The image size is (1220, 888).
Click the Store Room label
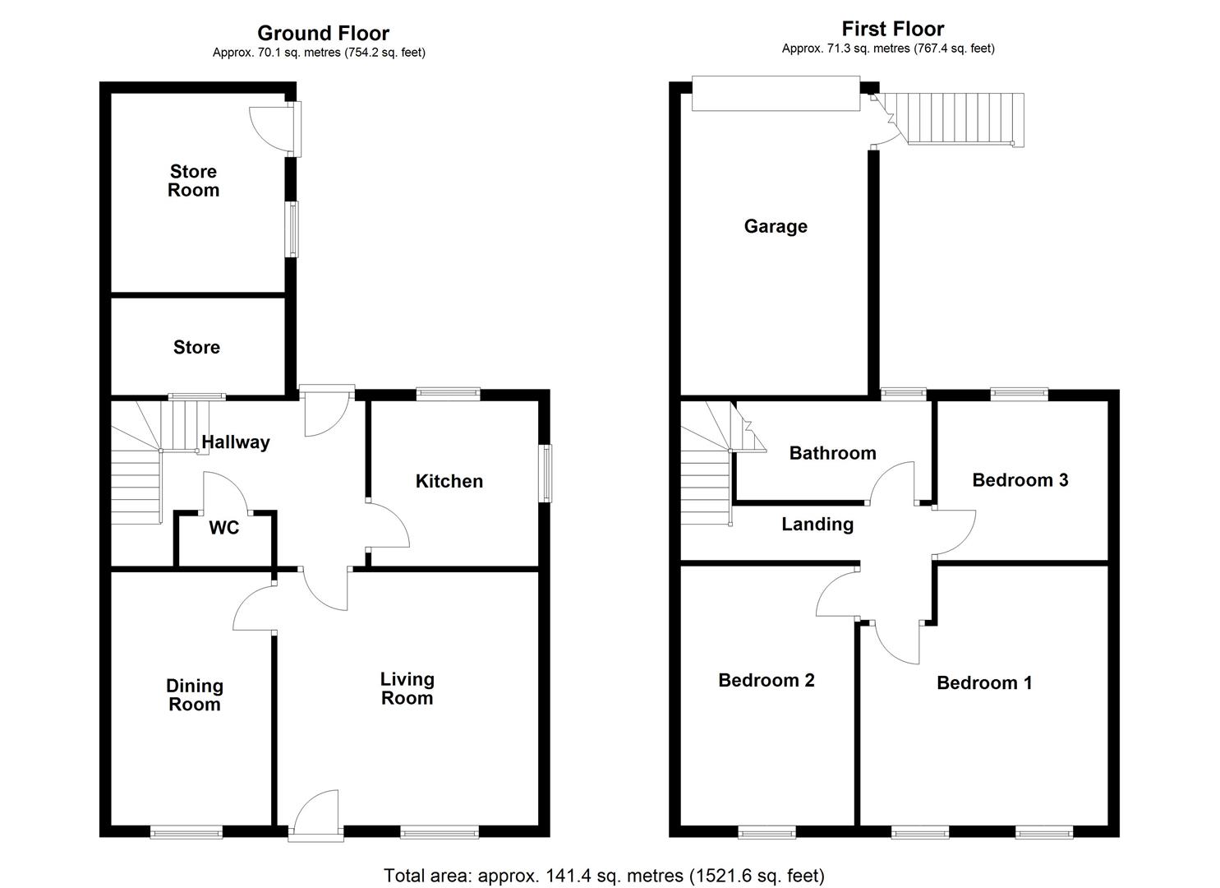[193, 181]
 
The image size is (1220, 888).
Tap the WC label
[223, 528]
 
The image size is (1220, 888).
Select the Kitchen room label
[449, 481]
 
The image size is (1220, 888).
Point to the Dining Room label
[194, 695]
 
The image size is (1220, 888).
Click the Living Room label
[407, 688]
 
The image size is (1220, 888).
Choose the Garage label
[776, 226]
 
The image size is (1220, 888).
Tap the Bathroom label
[832, 453]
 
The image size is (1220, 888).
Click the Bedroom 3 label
[1020, 480]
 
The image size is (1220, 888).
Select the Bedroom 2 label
[766, 680]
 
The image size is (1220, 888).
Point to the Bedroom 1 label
[984, 682]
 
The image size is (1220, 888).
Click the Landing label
[817, 525]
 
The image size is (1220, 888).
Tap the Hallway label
[236, 442]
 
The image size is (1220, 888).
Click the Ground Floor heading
[323, 33]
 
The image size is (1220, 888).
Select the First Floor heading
[892, 29]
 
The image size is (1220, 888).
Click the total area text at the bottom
[604, 876]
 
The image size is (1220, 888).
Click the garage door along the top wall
[775, 94]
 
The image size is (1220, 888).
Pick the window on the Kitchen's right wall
[546, 473]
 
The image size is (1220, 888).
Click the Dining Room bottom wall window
[186, 832]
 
